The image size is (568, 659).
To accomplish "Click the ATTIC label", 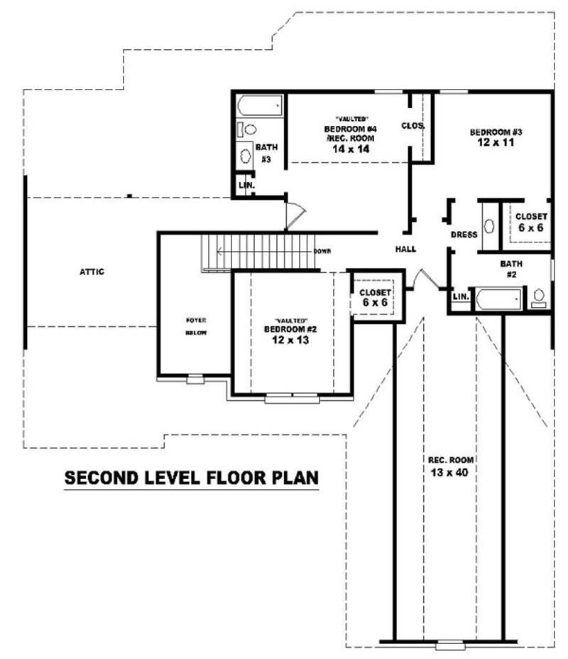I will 92,272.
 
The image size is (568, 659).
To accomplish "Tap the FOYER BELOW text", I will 195,326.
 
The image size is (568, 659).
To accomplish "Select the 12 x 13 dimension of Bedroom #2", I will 290,341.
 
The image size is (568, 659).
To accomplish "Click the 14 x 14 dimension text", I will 349,149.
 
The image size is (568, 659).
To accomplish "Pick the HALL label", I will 405,249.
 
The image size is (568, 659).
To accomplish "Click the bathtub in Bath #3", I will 259,107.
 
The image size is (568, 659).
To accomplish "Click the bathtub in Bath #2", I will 498,298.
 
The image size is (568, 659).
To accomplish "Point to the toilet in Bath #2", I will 539,297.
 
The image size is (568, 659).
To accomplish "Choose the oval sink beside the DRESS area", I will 489,226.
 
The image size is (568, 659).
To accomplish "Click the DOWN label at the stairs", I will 322,251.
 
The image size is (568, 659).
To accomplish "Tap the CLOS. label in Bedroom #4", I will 413,126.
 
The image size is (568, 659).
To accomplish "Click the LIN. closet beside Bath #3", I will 246,185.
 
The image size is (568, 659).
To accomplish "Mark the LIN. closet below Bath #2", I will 460,296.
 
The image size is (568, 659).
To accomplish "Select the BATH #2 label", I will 510,268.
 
